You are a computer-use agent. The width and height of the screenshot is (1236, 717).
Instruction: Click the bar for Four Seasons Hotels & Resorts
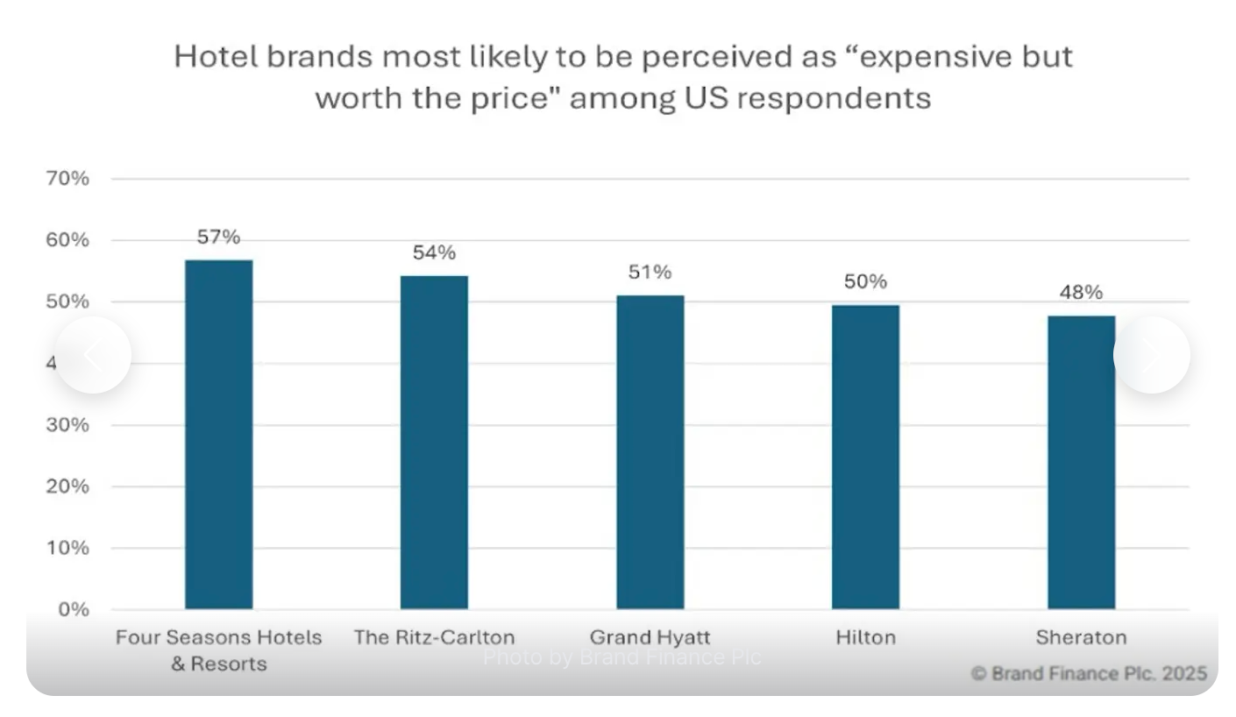point(218,434)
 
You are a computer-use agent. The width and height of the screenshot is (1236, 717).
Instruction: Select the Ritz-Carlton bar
point(434,442)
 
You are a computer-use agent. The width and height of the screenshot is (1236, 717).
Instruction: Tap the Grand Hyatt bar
point(650,451)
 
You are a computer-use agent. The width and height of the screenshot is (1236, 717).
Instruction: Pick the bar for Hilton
point(865,457)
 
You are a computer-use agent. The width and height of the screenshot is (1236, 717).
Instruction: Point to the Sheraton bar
point(1081,462)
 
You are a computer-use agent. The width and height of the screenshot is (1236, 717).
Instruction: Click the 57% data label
point(218,237)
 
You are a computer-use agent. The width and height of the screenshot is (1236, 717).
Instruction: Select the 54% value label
point(434,252)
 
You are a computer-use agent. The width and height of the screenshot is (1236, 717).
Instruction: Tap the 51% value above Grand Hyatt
point(650,272)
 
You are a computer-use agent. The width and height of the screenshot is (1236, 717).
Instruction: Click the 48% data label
point(1081,292)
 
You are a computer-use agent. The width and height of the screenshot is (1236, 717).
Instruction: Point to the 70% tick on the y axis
point(67,179)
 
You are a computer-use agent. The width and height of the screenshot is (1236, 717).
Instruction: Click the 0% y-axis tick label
point(74,609)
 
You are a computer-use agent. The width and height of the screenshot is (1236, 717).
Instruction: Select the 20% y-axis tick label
point(67,486)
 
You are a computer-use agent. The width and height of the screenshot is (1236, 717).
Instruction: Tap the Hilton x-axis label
point(865,637)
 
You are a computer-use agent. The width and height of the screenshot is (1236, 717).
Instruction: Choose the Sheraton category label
point(1081,637)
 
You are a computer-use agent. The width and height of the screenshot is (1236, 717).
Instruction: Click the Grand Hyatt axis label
point(650,637)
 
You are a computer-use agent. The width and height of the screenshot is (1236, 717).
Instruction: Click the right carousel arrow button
point(1151,355)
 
